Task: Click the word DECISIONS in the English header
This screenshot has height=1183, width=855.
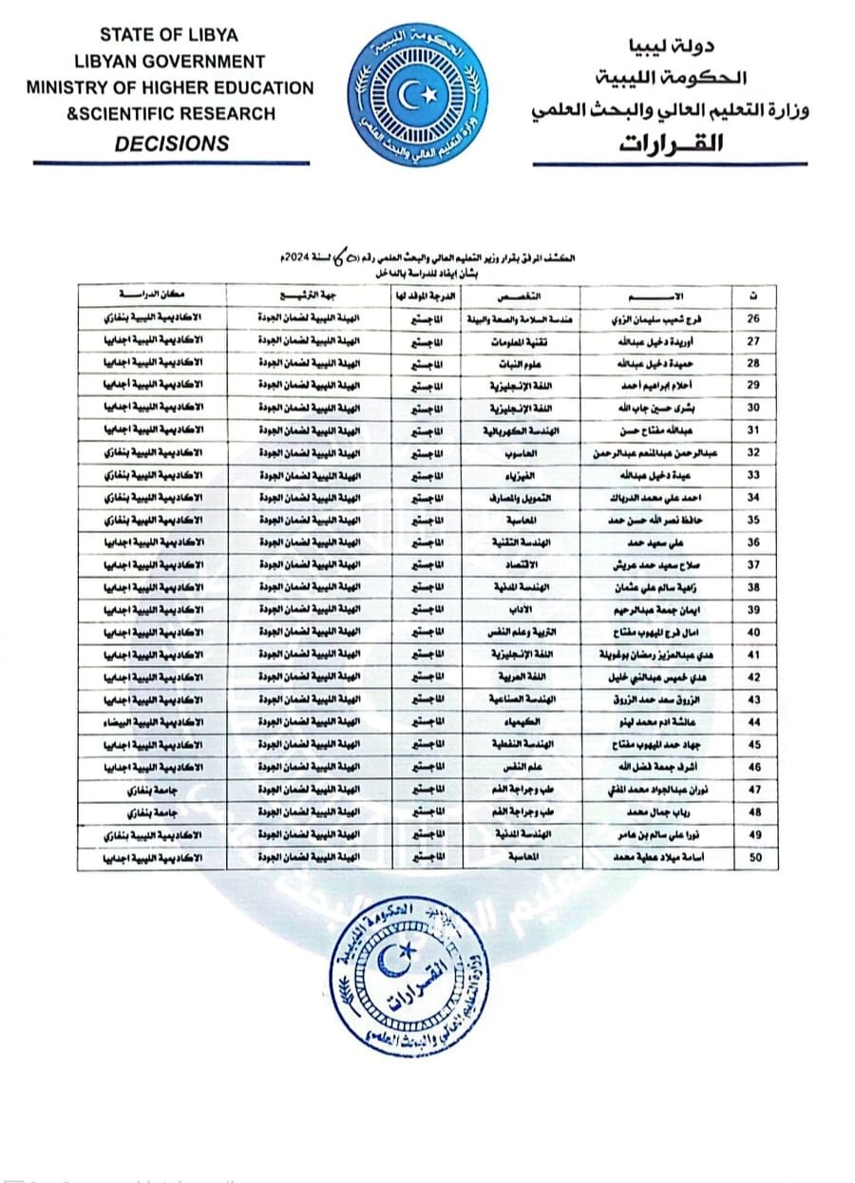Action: click(x=172, y=143)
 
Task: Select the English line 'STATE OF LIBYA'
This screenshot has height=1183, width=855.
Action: click(x=170, y=35)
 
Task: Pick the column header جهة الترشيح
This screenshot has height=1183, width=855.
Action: click(x=309, y=296)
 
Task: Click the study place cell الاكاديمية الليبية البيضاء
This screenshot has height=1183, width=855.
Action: click(x=153, y=722)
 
